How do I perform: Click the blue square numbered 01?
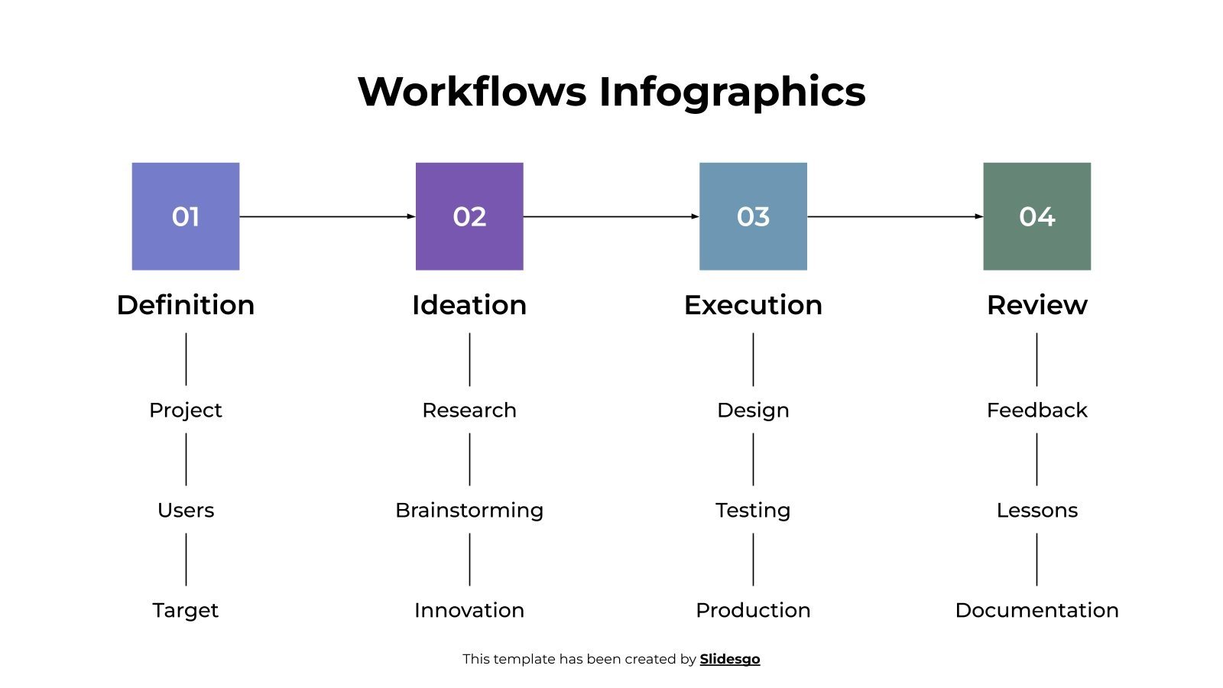point(186,216)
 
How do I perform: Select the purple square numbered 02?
point(469,216)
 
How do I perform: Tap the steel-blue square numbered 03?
point(753,216)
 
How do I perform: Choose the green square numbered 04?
point(1036,216)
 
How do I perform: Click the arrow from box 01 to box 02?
point(327,216)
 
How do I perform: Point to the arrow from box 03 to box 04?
point(894,216)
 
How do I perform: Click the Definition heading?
point(186,305)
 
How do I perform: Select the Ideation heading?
point(469,305)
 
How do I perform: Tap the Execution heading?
point(753,305)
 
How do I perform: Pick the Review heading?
point(1036,305)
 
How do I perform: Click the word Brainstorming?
point(469,510)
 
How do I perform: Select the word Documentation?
point(1036,610)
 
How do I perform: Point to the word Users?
point(186,510)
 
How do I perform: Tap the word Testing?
point(753,510)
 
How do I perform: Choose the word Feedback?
point(1036,411)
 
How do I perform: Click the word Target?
point(186,610)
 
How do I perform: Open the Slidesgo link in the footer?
point(730,659)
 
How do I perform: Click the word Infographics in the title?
point(732,92)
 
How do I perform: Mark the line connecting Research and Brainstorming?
point(469,459)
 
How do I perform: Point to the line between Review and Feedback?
point(1036,359)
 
